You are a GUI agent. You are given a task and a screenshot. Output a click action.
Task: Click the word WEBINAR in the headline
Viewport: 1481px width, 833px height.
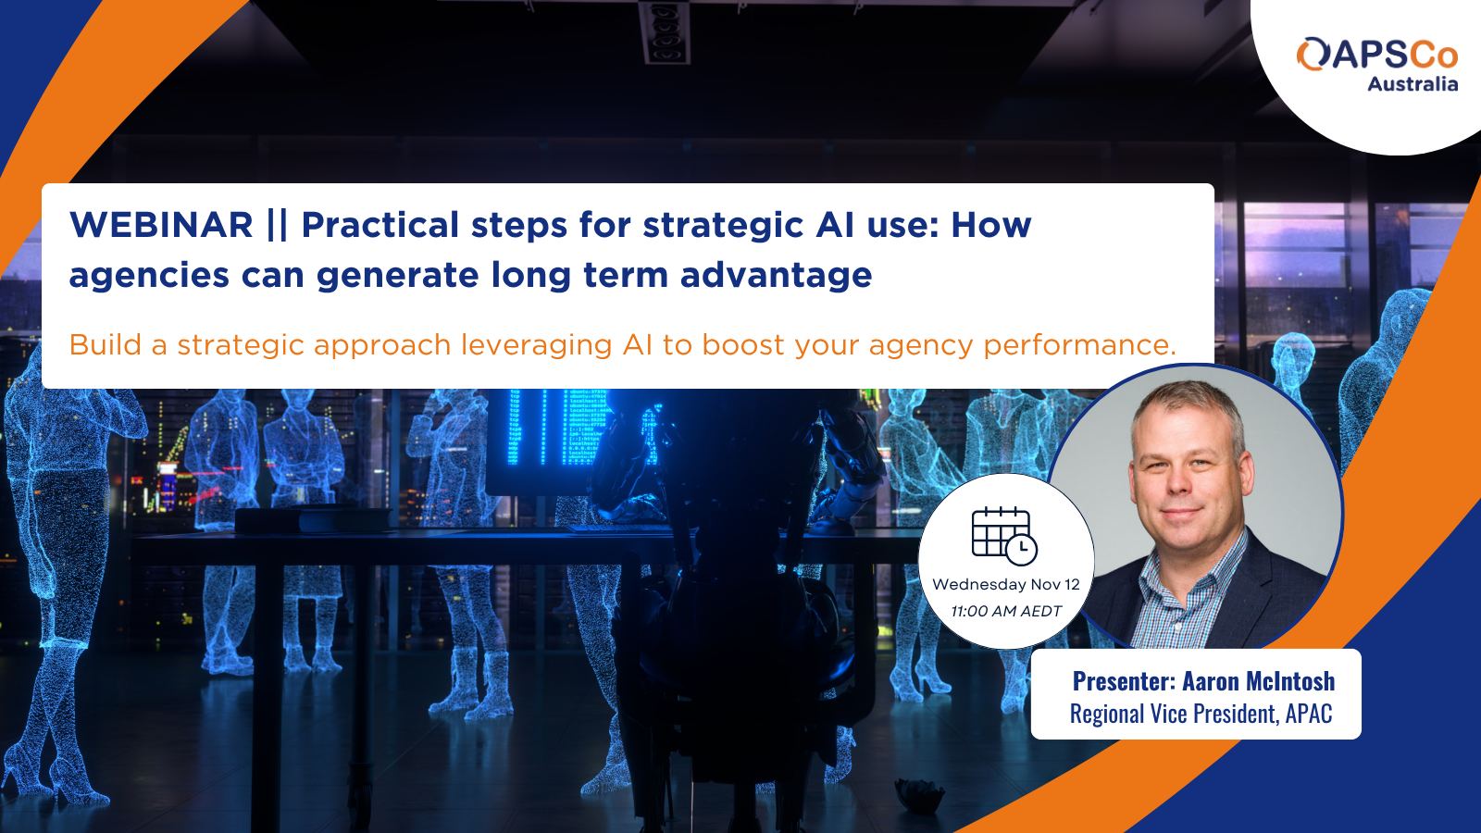pos(161,225)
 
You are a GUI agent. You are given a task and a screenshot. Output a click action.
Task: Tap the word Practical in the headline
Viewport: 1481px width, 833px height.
pos(380,225)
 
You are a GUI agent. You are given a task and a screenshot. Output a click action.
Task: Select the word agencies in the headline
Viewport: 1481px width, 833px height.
pos(149,276)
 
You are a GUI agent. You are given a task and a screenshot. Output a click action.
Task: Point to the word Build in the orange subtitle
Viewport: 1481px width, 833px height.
pos(106,344)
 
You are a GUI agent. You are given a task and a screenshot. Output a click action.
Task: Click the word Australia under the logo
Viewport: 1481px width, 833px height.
pos(1413,84)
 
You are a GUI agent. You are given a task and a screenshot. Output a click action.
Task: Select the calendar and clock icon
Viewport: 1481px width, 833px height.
pos(1004,536)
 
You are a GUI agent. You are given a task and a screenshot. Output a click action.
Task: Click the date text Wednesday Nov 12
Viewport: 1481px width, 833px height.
pos(1005,584)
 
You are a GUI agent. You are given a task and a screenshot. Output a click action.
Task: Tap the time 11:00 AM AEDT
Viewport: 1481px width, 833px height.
pos(1005,612)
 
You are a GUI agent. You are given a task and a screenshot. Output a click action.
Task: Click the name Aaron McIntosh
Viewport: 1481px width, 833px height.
pos(1258,681)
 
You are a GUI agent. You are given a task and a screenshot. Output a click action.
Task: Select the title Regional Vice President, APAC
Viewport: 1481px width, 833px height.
pos(1201,714)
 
